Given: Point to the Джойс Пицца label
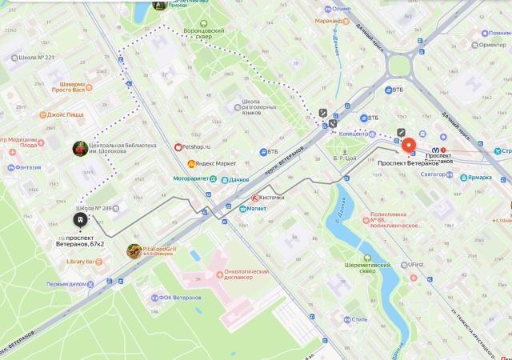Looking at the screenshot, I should tap(65, 114).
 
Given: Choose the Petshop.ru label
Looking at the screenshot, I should tap(201, 147).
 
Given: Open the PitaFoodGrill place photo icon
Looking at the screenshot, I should tap(134, 251).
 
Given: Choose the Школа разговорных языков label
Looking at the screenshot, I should tap(262, 106).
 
